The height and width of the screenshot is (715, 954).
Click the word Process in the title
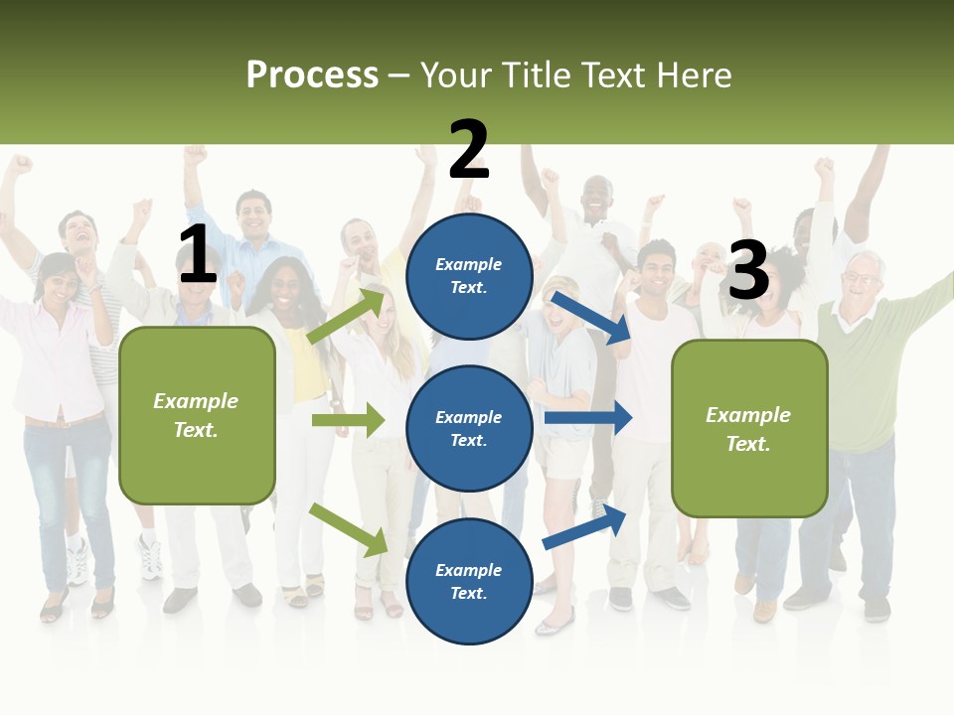click(312, 75)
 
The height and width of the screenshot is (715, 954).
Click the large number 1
click(198, 255)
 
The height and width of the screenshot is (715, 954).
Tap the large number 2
click(469, 150)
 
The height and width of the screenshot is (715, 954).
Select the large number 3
click(748, 271)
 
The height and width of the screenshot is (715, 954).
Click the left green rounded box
click(197, 415)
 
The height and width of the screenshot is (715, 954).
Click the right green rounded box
click(749, 428)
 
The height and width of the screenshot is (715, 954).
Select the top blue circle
click(469, 276)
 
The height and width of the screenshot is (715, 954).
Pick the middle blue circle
click(469, 428)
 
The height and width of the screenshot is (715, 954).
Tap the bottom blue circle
click(469, 581)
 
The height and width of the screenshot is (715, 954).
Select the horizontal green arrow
click(348, 420)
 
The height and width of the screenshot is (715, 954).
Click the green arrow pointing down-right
click(348, 528)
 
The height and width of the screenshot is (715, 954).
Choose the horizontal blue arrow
click(587, 418)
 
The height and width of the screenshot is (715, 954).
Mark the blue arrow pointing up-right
click(584, 526)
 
